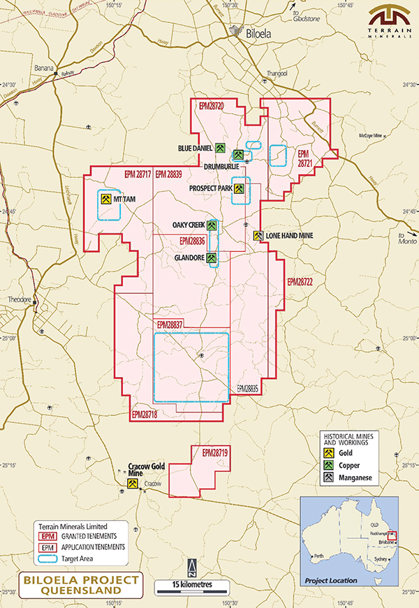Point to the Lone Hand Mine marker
(x=258, y=236)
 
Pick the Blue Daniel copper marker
(x=219, y=148)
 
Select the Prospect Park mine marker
(x=240, y=188)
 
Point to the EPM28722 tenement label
(x=300, y=282)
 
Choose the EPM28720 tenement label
(x=211, y=106)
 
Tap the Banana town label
(x=44, y=68)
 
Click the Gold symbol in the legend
(x=327, y=454)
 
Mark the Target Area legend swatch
(x=47, y=558)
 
